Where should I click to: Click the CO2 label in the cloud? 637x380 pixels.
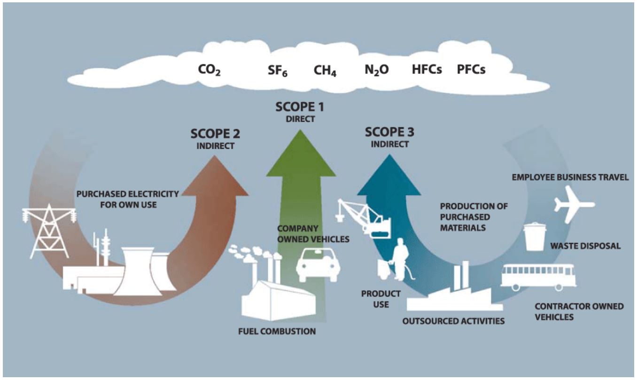click(x=209, y=70)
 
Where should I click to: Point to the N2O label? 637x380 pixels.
click(x=376, y=70)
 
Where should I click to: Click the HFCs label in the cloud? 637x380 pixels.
click(x=427, y=70)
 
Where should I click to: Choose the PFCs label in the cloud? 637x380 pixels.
click(x=471, y=70)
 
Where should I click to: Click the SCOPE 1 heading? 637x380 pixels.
click(x=300, y=108)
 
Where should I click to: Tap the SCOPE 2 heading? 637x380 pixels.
click(x=215, y=133)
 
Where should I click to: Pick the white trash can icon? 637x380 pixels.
click(x=535, y=237)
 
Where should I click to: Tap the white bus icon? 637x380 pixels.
click(x=538, y=277)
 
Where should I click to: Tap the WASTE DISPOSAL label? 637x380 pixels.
click(x=585, y=246)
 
